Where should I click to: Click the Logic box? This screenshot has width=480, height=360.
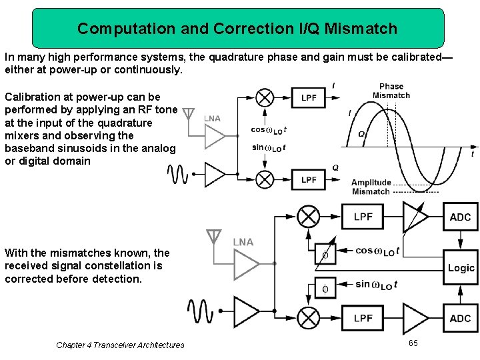coord(461,268)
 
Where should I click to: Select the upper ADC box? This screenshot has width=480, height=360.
coord(461,217)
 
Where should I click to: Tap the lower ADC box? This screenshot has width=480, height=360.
coord(461,318)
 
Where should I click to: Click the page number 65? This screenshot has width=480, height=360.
coord(413,343)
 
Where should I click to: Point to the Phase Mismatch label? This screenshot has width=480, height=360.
coord(391,91)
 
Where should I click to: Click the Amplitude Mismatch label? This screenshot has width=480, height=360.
coord(371,187)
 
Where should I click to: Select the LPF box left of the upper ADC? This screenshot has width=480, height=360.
coord(363,217)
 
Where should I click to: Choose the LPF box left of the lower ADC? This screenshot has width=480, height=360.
coord(363,318)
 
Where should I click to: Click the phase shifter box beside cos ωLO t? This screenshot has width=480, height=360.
coord(325,253)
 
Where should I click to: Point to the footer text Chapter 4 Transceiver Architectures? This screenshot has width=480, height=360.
coord(120,345)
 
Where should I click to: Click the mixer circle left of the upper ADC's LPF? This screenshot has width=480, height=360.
coord(307,217)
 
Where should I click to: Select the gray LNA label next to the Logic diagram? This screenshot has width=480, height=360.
coord(243,242)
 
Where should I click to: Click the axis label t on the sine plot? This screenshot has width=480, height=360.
coord(473,154)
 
